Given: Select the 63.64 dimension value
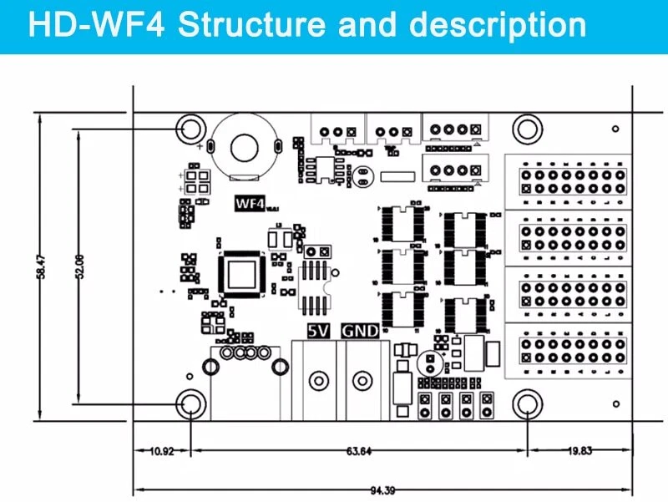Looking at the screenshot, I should [358, 452].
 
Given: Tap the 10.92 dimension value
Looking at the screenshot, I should [161, 452].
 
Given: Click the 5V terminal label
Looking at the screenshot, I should [318, 330].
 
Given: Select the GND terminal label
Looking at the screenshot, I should [360, 330].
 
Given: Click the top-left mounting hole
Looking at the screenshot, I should [191, 129].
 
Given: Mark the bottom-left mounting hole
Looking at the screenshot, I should [191, 405].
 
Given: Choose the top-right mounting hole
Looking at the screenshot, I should [528, 129].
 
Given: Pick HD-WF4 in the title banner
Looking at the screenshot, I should [98, 25].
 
